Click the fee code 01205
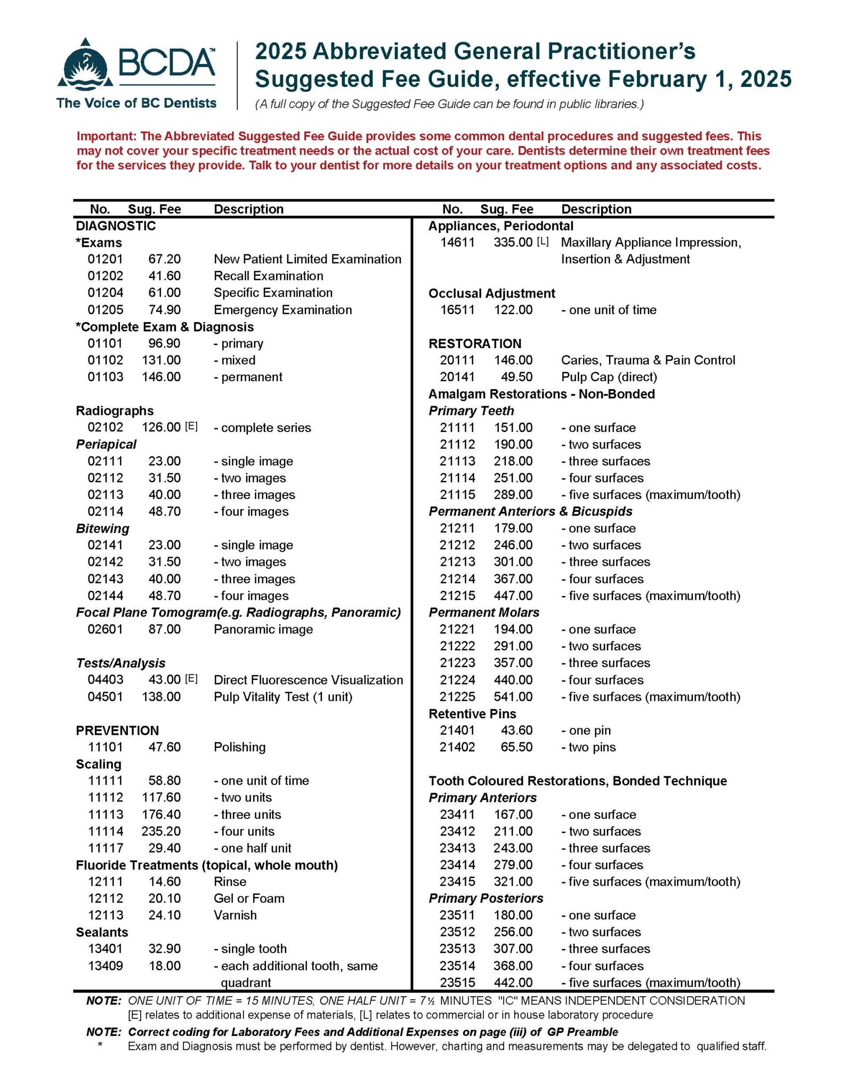click(x=105, y=310)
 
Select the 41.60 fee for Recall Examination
click(x=164, y=276)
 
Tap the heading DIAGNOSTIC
click(x=116, y=226)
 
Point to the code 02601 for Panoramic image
click(x=105, y=629)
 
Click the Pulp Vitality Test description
click(x=282, y=697)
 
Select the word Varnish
click(x=235, y=915)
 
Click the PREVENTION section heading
click(x=117, y=730)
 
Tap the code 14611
click(x=457, y=243)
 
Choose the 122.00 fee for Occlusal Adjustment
click(x=513, y=310)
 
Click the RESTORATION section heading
click(x=475, y=343)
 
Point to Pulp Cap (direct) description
click(x=609, y=377)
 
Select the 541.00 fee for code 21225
click(x=513, y=697)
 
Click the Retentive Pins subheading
click(x=472, y=713)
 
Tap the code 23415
click(x=457, y=881)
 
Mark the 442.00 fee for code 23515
click(x=513, y=982)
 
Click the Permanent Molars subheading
click(x=484, y=613)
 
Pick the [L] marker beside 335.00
click(x=543, y=242)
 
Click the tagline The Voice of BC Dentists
click(x=136, y=103)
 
